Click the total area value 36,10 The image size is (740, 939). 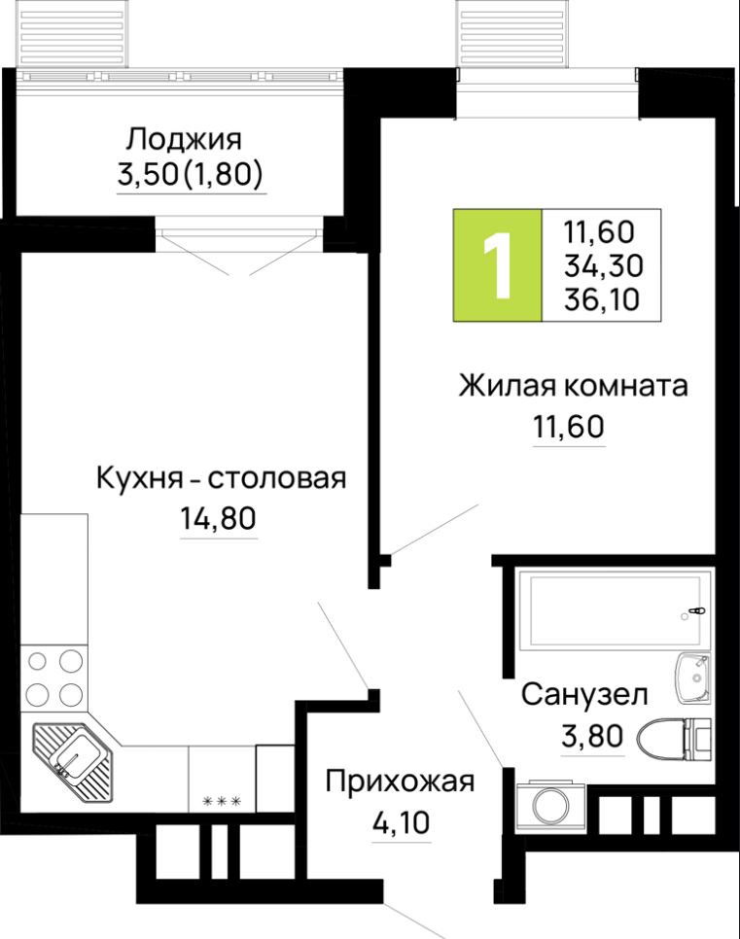(601, 300)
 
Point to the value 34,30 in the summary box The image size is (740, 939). (601, 265)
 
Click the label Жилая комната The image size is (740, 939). (573, 386)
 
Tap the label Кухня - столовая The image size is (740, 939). (221, 478)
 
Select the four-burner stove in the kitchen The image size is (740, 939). (54, 678)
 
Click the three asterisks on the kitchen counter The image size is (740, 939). (221, 801)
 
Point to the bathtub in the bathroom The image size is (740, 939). (613, 609)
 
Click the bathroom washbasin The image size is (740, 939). (693, 677)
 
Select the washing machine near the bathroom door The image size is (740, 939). (547, 803)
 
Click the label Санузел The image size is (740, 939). (584, 694)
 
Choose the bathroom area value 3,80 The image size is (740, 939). (591, 736)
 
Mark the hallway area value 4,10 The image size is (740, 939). (400, 822)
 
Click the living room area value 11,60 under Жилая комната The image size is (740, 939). (569, 426)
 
